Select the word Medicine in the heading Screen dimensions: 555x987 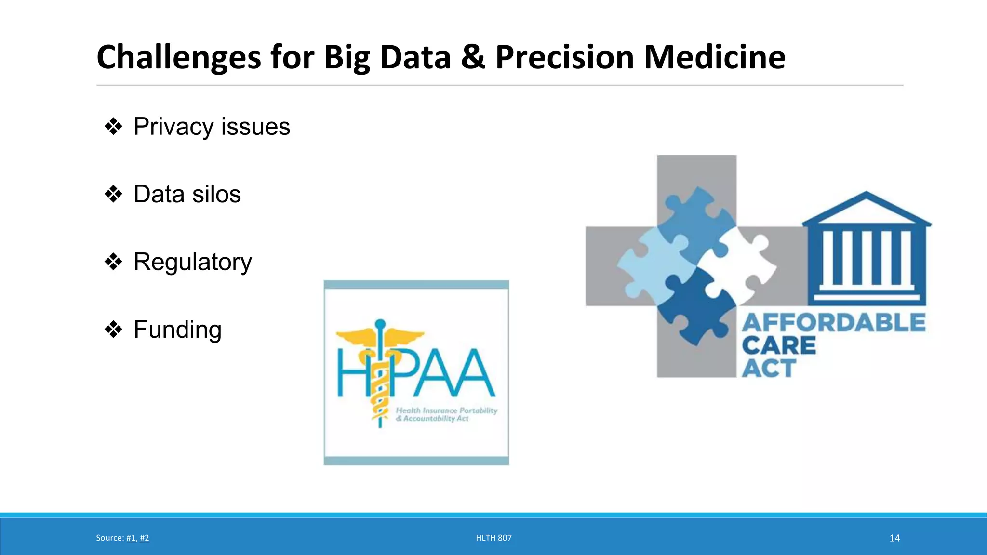pyautogui.click(x=714, y=57)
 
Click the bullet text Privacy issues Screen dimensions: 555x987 pyautogui.click(x=212, y=127)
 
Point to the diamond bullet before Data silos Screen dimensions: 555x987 pyautogui.click(x=114, y=195)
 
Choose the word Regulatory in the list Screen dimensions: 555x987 pyautogui.click(x=192, y=262)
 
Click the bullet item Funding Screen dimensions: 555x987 pyautogui.click(x=177, y=330)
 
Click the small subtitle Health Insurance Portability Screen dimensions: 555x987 pyautogui.click(x=446, y=410)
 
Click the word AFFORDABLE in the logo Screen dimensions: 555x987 pyautogui.click(x=834, y=323)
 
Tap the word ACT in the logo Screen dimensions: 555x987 pyautogui.click(x=769, y=369)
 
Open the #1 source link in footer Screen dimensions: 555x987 pyautogui.click(x=131, y=538)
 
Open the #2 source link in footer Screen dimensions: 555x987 pyautogui.click(x=144, y=538)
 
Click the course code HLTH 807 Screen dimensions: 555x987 pyautogui.click(x=493, y=538)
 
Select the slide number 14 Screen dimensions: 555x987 pyautogui.click(x=894, y=538)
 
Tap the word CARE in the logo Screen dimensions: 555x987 pyautogui.click(x=778, y=346)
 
